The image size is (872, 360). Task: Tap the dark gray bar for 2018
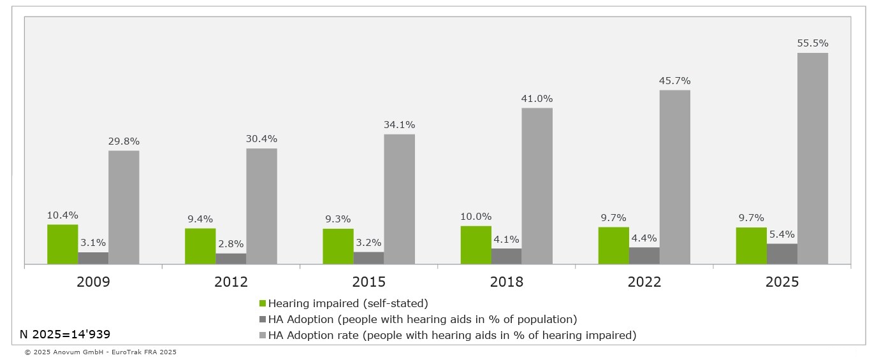tap(506, 256)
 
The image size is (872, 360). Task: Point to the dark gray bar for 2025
tap(781, 254)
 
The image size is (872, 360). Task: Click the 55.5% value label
tap(813, 43)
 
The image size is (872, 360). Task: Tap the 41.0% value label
tap(537, 99)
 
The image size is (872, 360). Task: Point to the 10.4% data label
tap(62, 215)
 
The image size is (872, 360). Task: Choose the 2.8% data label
tap(231, 244)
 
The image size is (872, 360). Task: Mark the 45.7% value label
tap(675, 81)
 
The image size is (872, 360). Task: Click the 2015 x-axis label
tap(368, 282)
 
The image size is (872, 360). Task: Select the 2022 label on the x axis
tap(644, 282)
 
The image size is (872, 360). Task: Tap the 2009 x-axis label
tap(93, 282)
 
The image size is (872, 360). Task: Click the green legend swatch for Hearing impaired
tap(263, 303)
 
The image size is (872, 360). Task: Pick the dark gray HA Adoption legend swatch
tap(263, 319)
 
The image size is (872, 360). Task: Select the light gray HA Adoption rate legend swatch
tap(263, 335)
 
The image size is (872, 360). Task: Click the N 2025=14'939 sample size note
tap(65, 334)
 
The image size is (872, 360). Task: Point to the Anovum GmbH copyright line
tap(100, 352)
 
